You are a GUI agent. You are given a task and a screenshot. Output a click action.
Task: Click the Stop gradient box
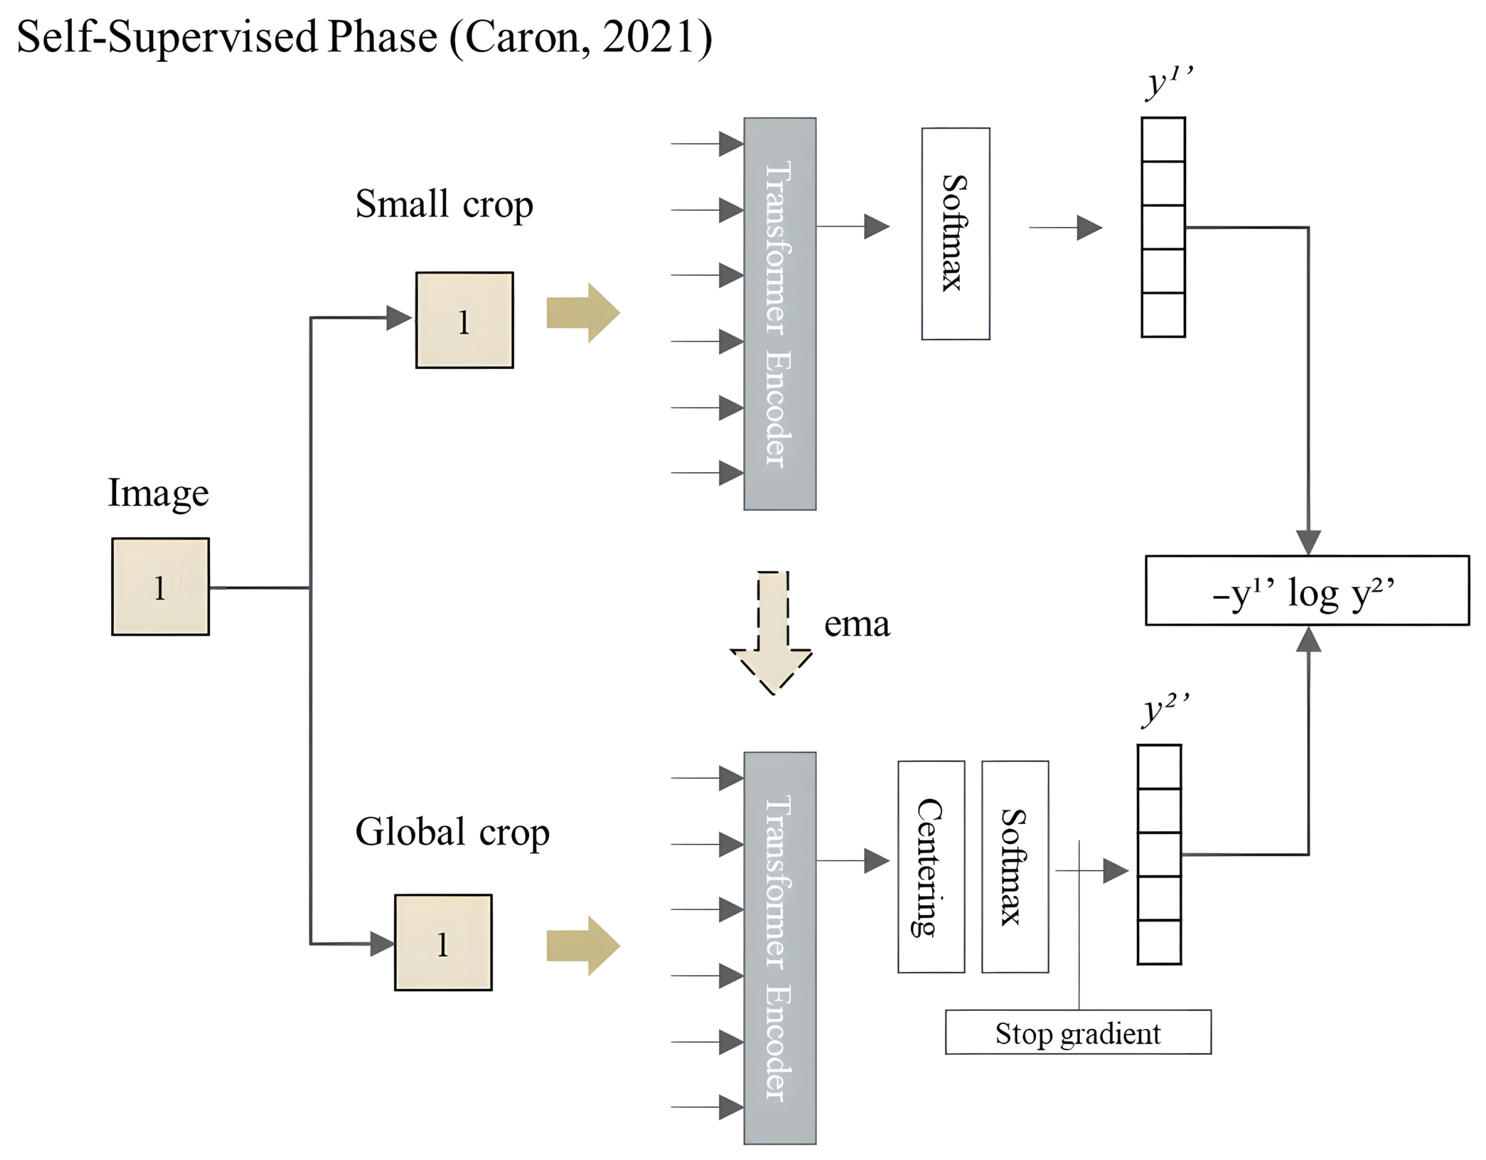1078,1033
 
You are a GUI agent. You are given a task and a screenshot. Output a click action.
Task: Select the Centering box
931,867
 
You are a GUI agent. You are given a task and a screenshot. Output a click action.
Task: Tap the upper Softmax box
955,233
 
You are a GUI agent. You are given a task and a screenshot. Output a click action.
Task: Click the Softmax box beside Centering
1015,867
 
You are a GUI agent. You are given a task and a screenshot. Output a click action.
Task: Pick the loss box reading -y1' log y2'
1306,590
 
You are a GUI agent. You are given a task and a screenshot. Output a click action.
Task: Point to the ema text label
856,624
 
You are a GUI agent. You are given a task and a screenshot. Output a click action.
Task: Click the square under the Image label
161,586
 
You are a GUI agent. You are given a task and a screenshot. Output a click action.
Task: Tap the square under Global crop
443,942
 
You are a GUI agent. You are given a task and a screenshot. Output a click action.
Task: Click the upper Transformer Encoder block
780,314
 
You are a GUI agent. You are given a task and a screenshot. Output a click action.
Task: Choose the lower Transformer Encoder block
780,948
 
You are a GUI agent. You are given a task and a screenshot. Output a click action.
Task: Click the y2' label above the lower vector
1164,710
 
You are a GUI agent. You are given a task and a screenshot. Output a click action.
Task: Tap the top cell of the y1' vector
1163,140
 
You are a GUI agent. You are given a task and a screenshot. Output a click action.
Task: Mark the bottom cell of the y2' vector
1159,942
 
